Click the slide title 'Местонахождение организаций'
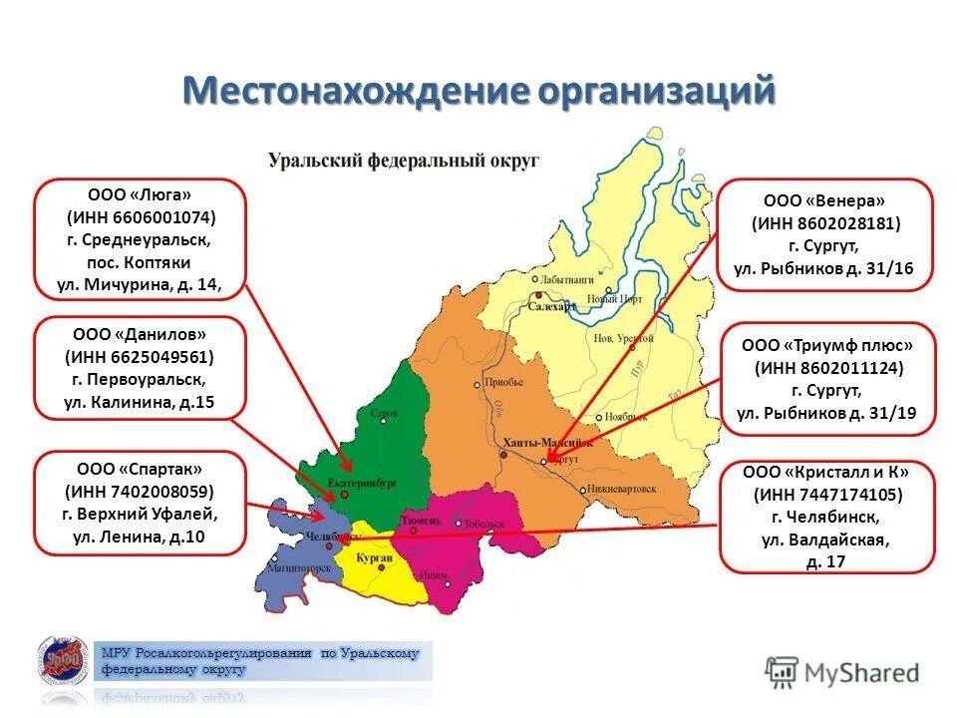pos(478,91)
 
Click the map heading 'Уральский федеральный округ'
pos(403,160)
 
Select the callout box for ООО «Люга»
pos(140,239)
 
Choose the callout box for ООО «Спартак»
pos(140,503)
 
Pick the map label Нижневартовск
pos(622,491)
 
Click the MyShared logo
pos(842,671)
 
